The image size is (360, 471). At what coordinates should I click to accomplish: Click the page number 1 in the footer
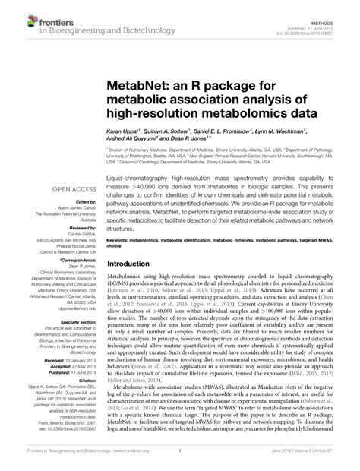click(179, 459)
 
